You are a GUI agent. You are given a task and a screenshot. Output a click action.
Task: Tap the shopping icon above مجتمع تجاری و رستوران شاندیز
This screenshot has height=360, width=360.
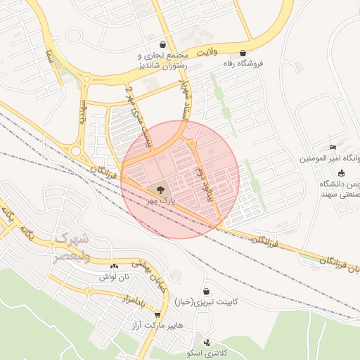[x=163, y=44]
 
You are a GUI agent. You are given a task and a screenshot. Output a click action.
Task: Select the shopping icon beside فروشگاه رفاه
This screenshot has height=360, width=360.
[x=243, y=53]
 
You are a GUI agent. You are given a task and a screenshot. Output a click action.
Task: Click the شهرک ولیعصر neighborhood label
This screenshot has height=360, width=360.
[x=70, y=247]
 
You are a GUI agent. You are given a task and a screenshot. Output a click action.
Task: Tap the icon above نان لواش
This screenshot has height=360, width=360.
[x=114, y=266]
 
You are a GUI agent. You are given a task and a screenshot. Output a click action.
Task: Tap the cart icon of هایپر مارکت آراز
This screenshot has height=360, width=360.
[x=157, y=315]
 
